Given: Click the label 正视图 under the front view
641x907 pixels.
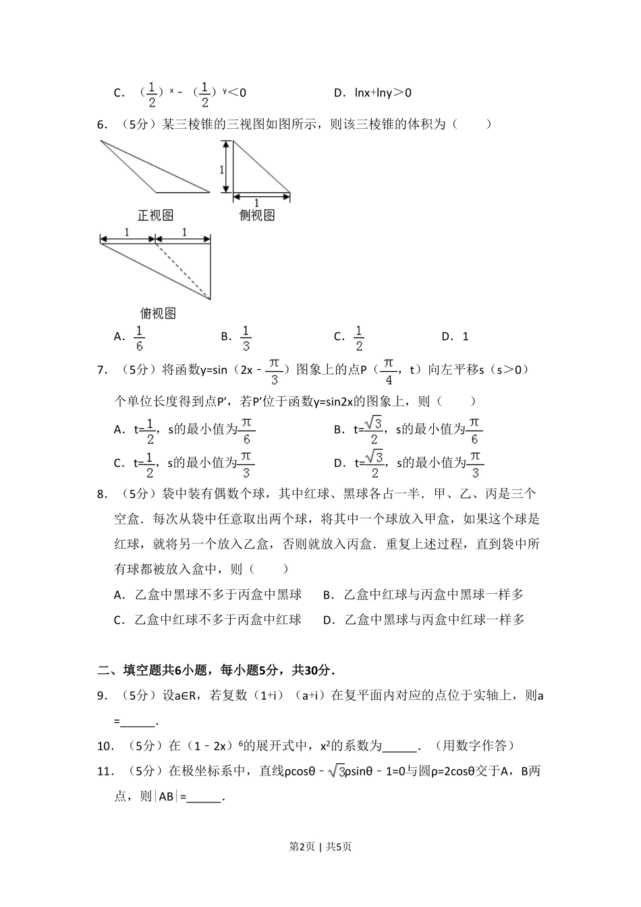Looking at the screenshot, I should point(156,215).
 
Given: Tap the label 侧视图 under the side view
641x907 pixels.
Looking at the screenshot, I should point(257,215).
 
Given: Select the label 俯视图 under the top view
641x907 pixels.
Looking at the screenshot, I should point(158,313).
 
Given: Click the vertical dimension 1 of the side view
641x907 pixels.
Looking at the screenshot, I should point(222,169).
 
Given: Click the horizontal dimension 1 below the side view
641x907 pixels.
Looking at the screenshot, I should point(256,202).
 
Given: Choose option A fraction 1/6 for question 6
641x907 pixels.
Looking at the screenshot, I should point(139,337).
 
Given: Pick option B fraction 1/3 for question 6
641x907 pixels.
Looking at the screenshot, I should point(246,337).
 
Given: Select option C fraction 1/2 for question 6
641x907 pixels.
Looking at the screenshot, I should point(358,337).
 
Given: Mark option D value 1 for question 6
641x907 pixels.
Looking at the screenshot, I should point(465,336).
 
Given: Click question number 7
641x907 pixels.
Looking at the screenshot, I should point(103,369).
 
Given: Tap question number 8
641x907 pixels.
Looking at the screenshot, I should point(103,494).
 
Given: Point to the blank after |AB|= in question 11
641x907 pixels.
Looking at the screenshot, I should point(205,797).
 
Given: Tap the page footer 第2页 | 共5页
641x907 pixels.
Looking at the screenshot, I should point(320,846).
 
